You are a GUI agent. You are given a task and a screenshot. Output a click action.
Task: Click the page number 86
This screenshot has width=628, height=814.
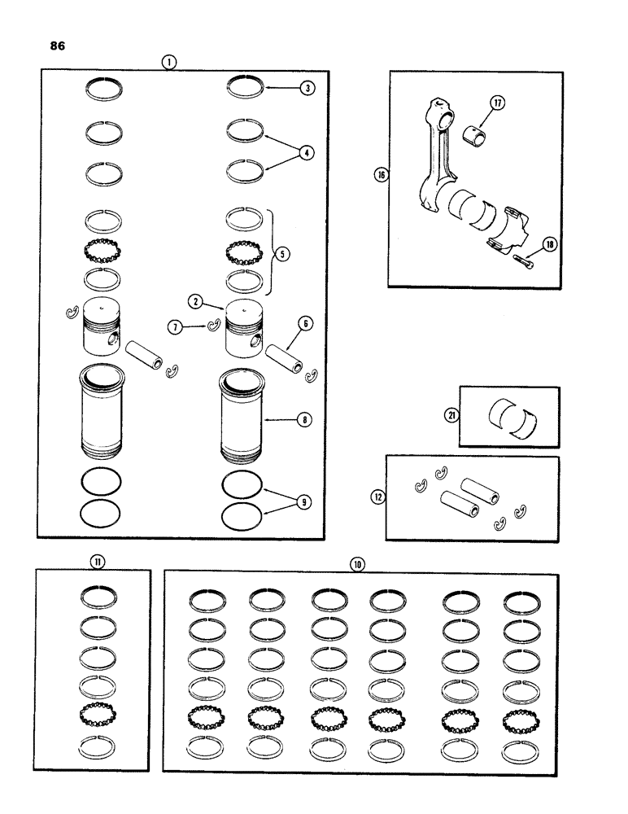[58, 46]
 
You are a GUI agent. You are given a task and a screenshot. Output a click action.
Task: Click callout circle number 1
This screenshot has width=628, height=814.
[168, 61]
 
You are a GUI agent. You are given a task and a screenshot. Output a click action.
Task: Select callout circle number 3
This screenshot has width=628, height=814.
[307, 89]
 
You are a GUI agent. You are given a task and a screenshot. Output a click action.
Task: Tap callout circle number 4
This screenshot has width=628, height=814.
[307, 151]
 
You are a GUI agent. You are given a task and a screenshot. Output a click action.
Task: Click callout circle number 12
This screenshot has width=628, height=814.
[376, 494]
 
